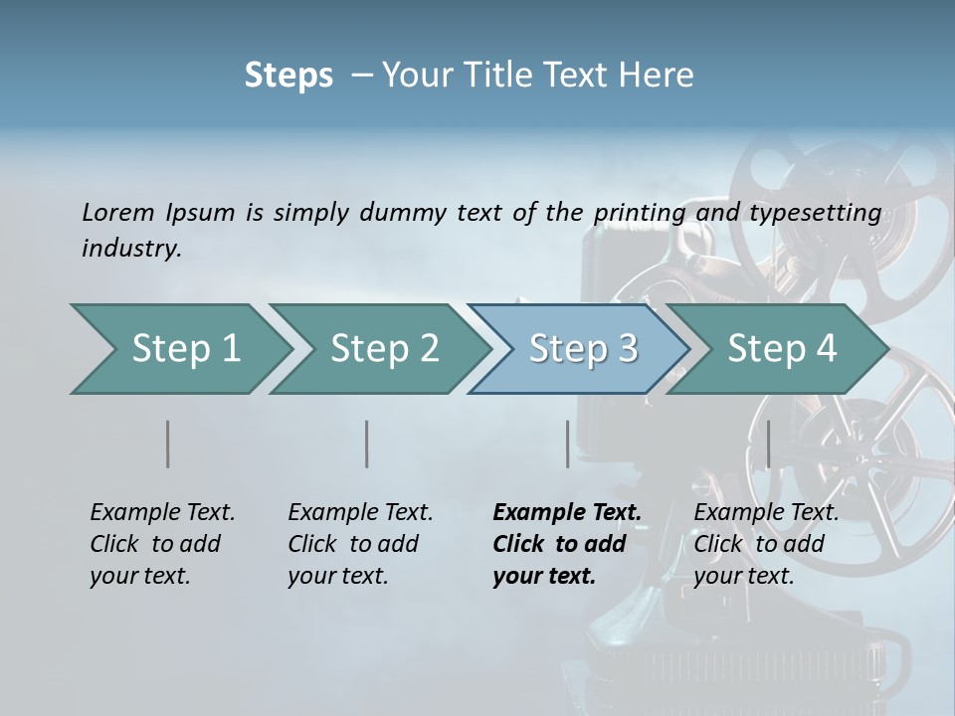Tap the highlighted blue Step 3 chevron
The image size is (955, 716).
[x=579, y=349]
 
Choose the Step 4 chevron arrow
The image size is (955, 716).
[x=778, y=349]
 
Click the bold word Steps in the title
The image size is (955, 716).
[x=288, y=76]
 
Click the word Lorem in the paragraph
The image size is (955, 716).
[x=117, y=212]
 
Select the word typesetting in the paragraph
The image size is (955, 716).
[x=815, y=212]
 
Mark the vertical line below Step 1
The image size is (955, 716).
[x=168, y=444]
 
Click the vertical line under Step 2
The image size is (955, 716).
[x=367, y=444]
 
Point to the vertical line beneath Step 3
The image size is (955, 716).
[x=567, y=444]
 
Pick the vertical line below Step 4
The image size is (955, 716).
[x=768, y=444]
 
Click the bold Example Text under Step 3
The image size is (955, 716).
[x=567, y=513]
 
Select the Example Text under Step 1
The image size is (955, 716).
[x=162, y=513]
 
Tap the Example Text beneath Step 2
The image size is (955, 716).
[x=360, y=513]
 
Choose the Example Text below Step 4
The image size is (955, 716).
[x=766, y=513]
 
